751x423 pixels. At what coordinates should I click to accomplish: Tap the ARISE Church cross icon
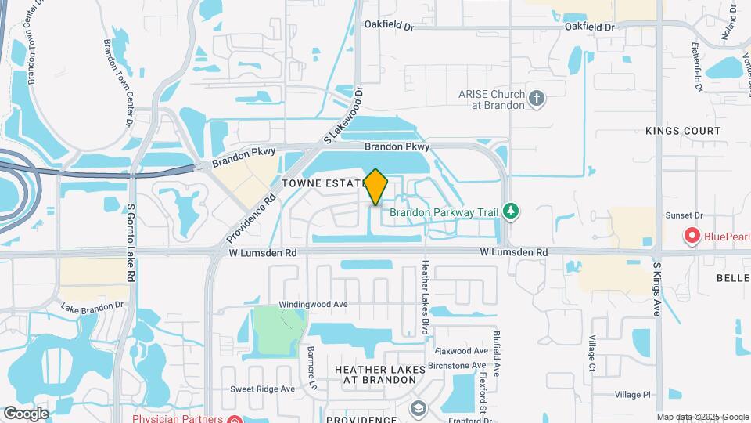pos(537,99)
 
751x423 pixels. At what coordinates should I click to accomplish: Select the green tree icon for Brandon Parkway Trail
pos(512,210)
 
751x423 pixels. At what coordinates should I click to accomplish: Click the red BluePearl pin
pos(692,235)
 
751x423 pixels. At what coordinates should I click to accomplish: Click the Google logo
pos(26,413)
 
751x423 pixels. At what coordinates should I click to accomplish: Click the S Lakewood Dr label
pos(344,114)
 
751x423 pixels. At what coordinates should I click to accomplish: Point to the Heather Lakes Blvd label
pos(426,298)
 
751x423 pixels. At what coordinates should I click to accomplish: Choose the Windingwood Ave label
pos(313,304)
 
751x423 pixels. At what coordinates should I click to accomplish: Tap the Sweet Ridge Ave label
pos(262,389)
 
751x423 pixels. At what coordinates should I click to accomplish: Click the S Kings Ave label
pos(657,289)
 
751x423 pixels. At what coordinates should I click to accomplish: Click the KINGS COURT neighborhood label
pos(682,131)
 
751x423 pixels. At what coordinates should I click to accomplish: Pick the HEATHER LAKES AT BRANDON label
pos(379,374)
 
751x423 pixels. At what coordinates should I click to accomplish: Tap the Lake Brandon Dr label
pos(92,305)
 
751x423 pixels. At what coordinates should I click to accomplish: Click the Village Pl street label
pos(632,395)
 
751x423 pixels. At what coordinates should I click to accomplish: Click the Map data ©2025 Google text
pos(702,417)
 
